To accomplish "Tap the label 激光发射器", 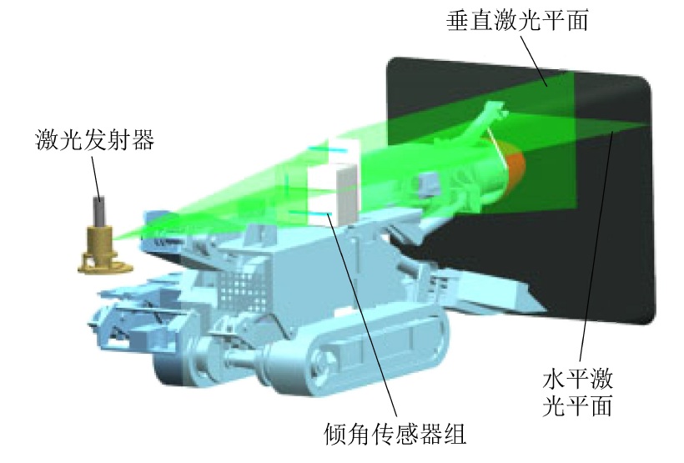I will coord(94,140).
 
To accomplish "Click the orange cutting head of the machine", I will coord(516,170).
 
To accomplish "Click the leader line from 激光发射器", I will coord(96,177).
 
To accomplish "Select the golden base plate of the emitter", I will coord(105,266).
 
